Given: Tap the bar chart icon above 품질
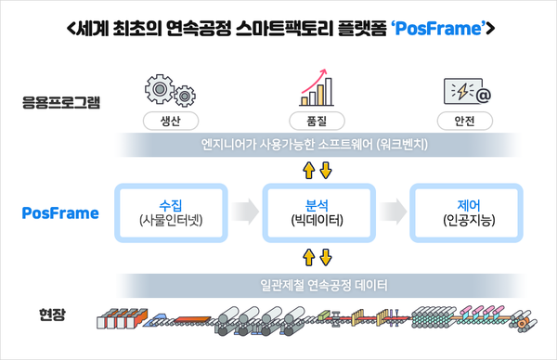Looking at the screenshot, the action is (317, 87).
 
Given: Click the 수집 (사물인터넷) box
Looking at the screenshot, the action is (170, 212).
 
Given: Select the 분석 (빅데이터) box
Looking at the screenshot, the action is (317, 212).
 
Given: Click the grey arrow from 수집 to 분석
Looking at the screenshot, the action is (243, 212).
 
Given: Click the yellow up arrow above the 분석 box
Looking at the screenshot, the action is (310, 170).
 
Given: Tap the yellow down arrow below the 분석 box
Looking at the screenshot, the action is (325, 257).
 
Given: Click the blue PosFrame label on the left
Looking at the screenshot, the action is (59, 213).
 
